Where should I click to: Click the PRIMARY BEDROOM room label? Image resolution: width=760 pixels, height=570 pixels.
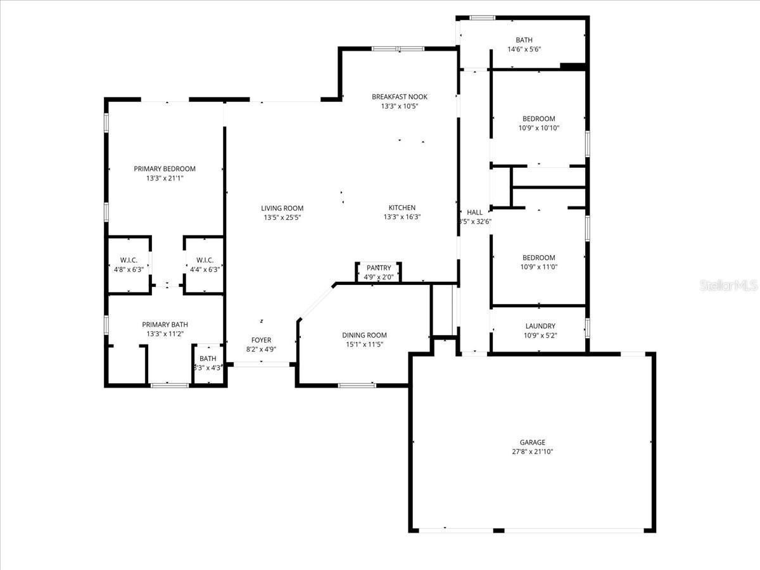pyautogui.click(x=165, y=168)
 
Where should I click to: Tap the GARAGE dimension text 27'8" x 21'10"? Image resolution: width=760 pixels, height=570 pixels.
pyautogui.click(x=532, y=452)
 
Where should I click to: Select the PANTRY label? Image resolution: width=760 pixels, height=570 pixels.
pyautogui.click(x=379, y=268)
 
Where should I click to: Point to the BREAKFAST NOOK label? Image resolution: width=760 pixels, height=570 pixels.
pyautogui.click(x=399, y=97)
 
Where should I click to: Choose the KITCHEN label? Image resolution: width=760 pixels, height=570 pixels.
pyautogui.click(x=402, y=208)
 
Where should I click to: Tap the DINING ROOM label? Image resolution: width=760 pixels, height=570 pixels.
pyautogui.click(x=364, y=335)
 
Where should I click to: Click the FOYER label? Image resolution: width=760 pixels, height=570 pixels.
pyautogui.click(x=261, y=340)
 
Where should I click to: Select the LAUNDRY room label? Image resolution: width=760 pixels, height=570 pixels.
pyautogui.click(x=540, y=326)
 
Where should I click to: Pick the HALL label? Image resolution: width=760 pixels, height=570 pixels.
pyautogui.click(x=474, y=212)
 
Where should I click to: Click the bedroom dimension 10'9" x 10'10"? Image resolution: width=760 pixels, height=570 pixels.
pyautogui.click(x=538, y=128)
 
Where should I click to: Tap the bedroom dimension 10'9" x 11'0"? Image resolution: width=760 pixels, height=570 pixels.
pyautogui.click(x=538, y=267)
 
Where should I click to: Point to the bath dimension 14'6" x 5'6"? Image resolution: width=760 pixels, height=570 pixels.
pyautogui.click(x=524, y=49)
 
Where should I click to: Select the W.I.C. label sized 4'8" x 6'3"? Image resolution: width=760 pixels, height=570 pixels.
pyautogui.click(x=129, y=260)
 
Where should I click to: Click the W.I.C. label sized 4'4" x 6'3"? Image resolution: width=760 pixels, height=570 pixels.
pyautogui.click(x=205, y=260)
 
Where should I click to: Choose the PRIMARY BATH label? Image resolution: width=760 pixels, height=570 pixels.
pyautogui.click(x=165, y=324)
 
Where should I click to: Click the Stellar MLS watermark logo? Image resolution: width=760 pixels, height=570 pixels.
pyautogui.click(x=728, y=286)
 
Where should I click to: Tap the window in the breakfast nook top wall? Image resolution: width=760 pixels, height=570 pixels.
pyautogui.click(x=398, y=48)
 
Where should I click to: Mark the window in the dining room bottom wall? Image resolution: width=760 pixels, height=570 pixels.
pyautogui.click(x=357, y=384)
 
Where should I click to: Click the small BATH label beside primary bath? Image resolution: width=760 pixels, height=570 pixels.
pyautogui.click(x=208, y=358)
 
